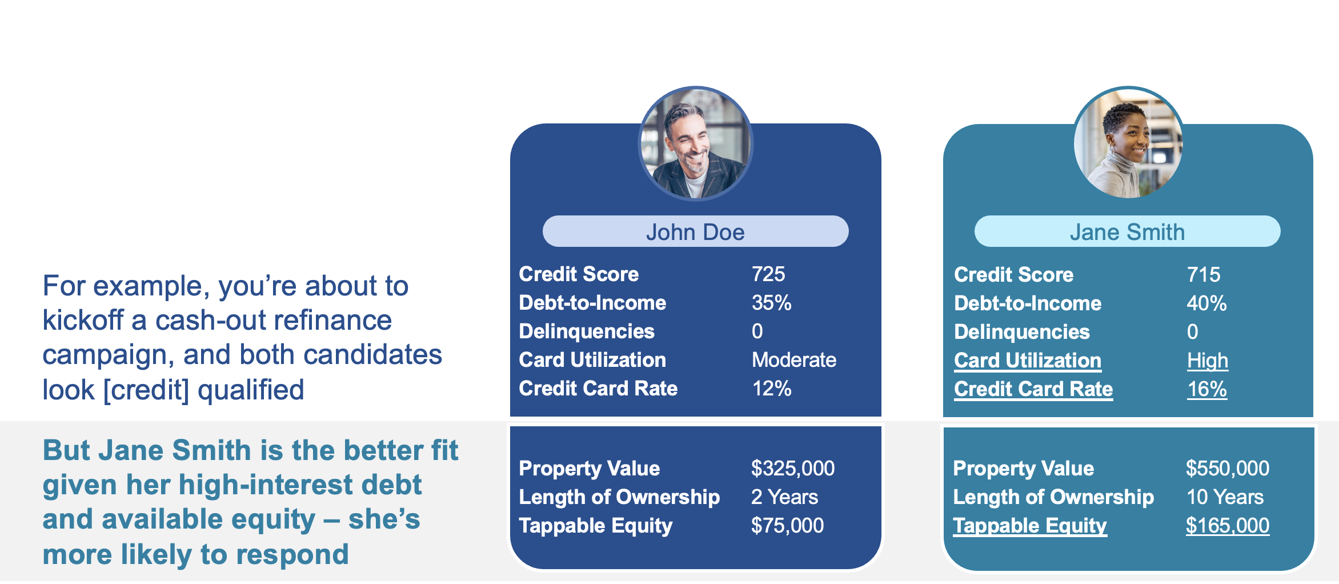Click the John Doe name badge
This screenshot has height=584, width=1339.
[x=695, y=231]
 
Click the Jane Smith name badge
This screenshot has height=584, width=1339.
[x=1127, y=231]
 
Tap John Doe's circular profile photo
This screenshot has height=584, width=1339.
[x=695, y=143]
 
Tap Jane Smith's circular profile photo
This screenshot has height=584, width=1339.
[x=1128, y=143]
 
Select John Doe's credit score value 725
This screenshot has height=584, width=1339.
[x=768, y=274]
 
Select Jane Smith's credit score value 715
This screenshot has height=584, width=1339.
[x=1204, y=275]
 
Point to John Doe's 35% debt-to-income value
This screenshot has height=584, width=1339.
[x=771, y=303]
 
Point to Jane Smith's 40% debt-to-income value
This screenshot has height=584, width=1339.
[x=1206, y=303]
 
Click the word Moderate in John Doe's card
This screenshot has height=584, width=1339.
[x=794, y=360]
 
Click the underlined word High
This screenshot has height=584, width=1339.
[x=1208, y=361]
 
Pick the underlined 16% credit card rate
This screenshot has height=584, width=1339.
[x=1207, y=389]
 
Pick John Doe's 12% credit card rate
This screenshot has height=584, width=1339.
[x=771, y=389]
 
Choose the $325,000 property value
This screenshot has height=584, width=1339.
[x=793, y=469]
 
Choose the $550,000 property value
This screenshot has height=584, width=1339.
[x=1228, y=469]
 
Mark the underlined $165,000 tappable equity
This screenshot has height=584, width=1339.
[x=1228, y=526]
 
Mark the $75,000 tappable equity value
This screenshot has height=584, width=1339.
[x=787, y=526]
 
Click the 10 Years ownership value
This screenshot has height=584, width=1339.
[x=1225, y=497]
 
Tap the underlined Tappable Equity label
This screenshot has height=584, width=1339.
[x=1030, y=526]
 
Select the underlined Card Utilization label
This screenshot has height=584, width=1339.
[x=1028, y=361]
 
